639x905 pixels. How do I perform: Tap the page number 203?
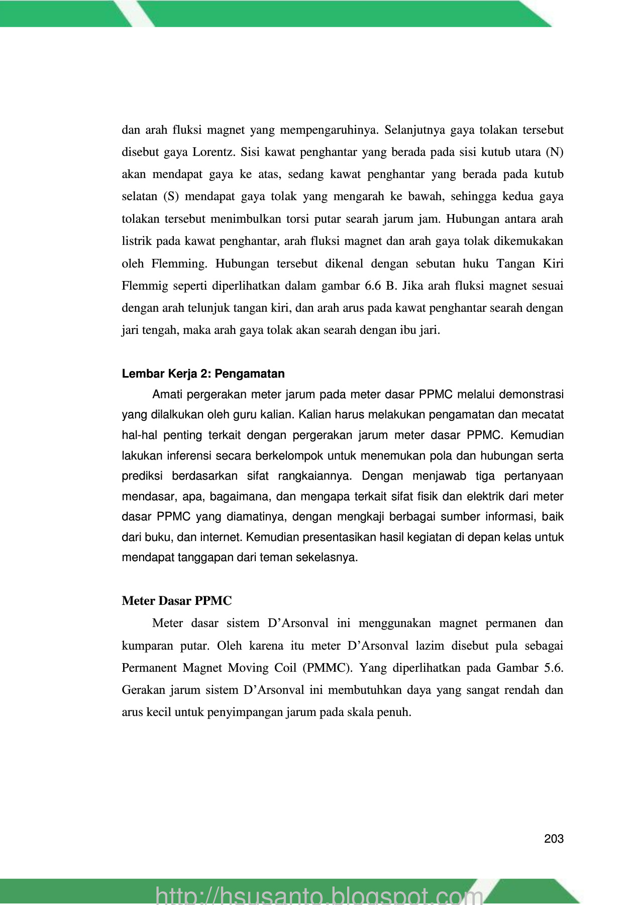click(554, 839)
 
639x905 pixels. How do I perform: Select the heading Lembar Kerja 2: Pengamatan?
click(203, 374)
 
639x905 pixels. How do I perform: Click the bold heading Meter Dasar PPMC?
click(177, 601)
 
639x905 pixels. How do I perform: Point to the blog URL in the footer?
click(319, 894)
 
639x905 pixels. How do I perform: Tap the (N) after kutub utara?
click(555, 152)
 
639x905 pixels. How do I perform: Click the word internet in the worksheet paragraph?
click(221, 537)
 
